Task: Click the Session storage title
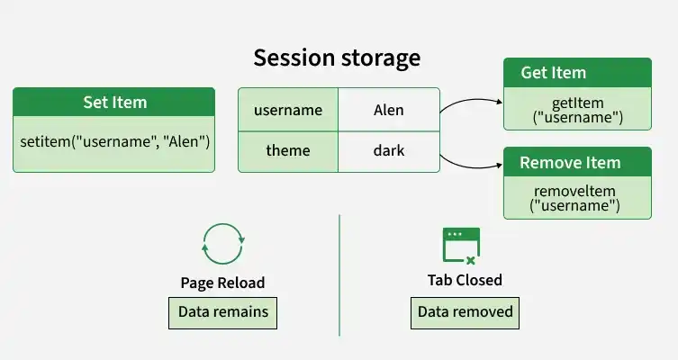[x=337, y=58]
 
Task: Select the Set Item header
[x=114, y=102]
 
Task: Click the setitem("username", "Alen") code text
[x=114, y=141]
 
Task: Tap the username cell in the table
[x=288, y=110]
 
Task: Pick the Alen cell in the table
[x=389, y=110]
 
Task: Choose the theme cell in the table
[x=288, y=151]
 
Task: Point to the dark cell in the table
[x=389, y=151]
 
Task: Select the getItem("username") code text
[x=578, y=110]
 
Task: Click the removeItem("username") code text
[x=575, y=198]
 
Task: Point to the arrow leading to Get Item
[x=471, y=101]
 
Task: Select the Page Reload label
[x=222, y=283]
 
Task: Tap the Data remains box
[x=222, y=313]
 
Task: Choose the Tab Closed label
[x=465, y=280]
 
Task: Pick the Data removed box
[x=465, y=313]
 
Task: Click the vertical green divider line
[x=339, y=275]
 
